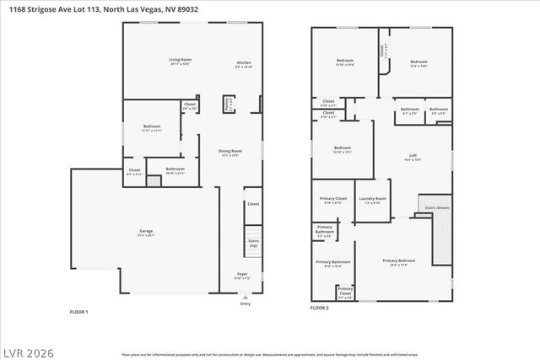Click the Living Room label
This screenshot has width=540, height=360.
(179, 61)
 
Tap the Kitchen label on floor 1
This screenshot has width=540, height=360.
(244, 64)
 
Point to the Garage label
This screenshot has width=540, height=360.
(146, 233)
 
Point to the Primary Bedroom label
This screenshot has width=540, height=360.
(398, 262)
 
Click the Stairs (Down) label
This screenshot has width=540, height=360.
(437, 207)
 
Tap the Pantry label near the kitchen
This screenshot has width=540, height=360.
(228, 104)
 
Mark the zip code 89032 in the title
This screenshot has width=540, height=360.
(194, 8)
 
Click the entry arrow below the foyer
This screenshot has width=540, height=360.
(246, 297)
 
